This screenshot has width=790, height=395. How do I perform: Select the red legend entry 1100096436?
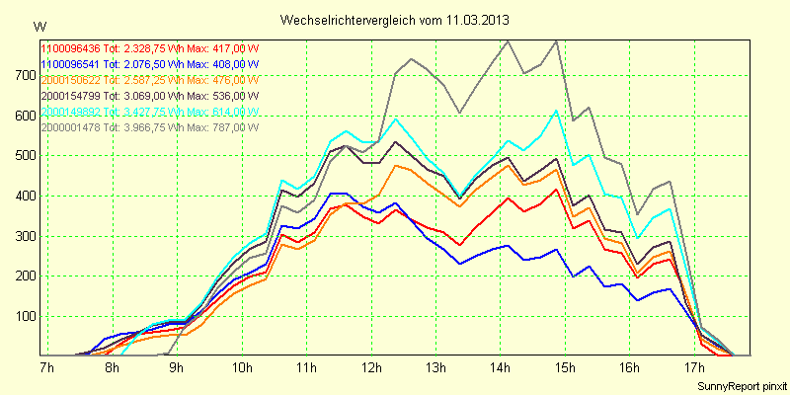click(70, 46)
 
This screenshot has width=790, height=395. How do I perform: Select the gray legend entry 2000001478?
click(70, 126)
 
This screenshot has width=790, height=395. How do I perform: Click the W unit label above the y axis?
click(38, 25)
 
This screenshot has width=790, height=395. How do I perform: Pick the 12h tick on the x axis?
click(371, 368)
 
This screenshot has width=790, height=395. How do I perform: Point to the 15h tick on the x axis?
click(564, 368)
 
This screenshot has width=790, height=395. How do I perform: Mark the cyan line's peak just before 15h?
click(557, 110)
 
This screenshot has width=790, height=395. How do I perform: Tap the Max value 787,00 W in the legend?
click(228, 126)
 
